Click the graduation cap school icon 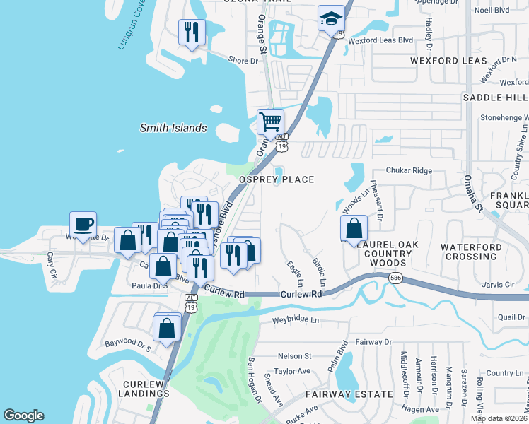coord(330,19)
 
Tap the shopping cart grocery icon coord(270,122)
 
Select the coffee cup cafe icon coord(83,225)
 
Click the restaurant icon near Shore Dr coord(192,33)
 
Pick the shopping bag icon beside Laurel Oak coord(354,229)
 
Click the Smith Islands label coord(173,128)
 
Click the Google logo coord(23,416)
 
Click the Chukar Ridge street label coord(408,170)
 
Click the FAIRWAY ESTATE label coord(349,394)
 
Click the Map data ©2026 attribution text coord(498,418)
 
